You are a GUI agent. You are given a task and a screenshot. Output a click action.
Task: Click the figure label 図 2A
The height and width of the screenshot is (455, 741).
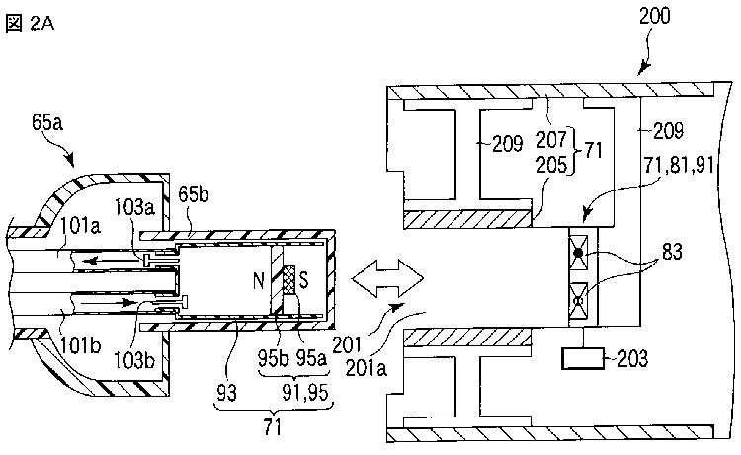[30, 23]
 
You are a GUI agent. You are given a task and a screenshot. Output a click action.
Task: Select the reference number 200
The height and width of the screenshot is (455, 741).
[654, 16]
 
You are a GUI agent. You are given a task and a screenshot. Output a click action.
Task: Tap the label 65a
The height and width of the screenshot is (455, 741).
[47, 122]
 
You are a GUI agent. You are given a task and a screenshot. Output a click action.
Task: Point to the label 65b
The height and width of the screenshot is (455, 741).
[194, 194]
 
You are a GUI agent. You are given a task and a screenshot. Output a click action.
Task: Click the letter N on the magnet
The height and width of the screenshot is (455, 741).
[259, 281]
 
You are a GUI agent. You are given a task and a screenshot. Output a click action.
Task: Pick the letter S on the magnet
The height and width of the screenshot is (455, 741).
[304, 280]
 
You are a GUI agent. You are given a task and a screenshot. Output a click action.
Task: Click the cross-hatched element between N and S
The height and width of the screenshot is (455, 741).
[288, 280]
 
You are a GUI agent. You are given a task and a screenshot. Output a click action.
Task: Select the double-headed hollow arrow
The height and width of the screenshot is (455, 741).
[387, 278]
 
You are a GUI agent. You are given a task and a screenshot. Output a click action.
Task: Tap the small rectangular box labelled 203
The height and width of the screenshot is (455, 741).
[583, 358]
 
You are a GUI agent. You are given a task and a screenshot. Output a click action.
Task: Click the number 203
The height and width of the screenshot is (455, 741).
[632, 358]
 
